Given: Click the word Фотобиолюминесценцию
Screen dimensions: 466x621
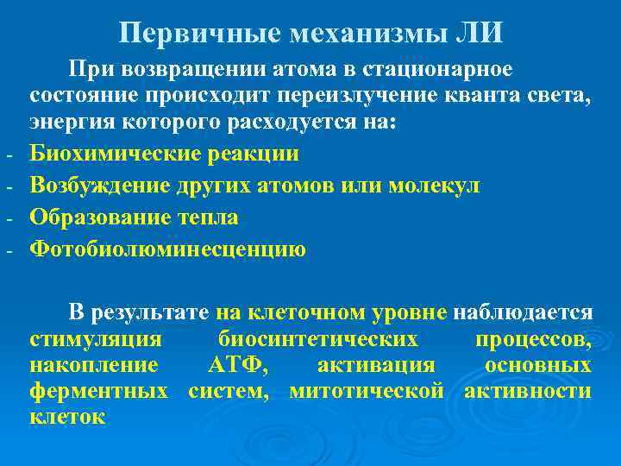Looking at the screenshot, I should coord(167,249).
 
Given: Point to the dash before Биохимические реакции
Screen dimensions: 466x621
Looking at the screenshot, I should coord(7,158).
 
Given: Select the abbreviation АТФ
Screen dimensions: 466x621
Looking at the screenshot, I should coord(237,365).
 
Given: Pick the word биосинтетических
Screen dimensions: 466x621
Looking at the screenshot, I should coord(318,338).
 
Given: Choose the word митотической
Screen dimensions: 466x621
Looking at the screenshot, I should coord(367,392).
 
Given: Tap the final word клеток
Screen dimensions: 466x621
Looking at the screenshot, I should coord(66,419).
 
